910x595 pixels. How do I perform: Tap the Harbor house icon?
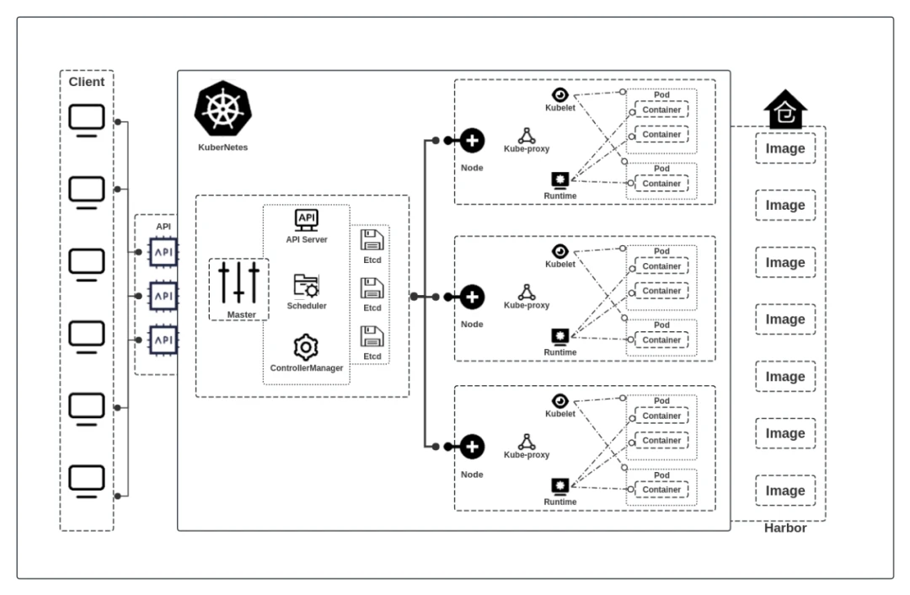click(x=785, y=110)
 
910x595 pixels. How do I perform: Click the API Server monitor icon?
click(x=306, y=220)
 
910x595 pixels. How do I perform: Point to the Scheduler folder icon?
click(x=306, y=285)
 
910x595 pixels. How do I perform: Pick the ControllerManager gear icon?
click(x=306, y=347)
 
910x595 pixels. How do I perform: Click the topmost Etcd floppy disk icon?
click(x=372, y=241)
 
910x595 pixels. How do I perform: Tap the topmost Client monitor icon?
click(x=86, y=119)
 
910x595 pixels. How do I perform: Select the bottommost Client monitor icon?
click(x=86, y=480)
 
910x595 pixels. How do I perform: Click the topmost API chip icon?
click(x=163, y=251)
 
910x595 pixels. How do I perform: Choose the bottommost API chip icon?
click(x=163, y=339)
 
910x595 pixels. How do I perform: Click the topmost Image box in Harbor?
click(x=785, y=148)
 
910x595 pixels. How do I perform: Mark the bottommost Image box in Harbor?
click(x=785, y=490)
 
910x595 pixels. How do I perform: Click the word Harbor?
click(x=785, y=529)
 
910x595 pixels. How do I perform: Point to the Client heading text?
click(x=86, y=82)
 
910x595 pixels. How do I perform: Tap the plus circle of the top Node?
click(x=473, y=141)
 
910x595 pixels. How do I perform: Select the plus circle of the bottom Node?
click(x=473, y=447)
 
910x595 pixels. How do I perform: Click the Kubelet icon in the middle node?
click(x=559, y=251)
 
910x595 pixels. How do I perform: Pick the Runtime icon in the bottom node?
click(x=559, y=486)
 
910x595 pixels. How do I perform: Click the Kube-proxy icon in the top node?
click(x=527, y=136)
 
